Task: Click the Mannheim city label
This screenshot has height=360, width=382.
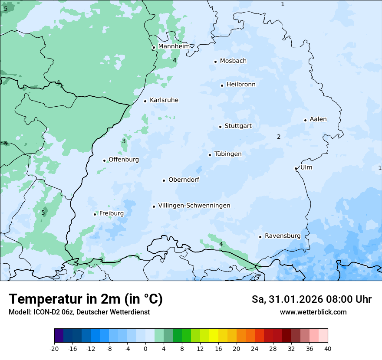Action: tap(174, 46)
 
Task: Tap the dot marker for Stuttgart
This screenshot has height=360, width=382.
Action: tap(220, 127)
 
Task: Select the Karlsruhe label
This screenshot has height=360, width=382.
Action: tap(164, 100)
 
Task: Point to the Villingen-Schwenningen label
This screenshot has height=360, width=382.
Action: tap(194, 206)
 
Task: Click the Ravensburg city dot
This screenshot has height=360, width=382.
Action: tap(260, 237)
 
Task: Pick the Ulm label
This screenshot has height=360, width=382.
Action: tap(306, 167)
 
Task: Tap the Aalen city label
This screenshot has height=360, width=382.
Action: tap(318, 119)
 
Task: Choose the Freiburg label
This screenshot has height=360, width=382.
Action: tap(111, 213)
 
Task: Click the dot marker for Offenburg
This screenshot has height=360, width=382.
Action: tap(104, 160)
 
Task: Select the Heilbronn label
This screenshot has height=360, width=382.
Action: tap(240, 85)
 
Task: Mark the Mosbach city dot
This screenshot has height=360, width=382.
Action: tap(215, 62)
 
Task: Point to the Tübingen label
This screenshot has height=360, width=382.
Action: tap(227, 154)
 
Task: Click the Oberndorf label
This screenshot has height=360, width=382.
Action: tap(184, 180)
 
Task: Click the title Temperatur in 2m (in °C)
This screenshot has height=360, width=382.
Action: tap(86, 299)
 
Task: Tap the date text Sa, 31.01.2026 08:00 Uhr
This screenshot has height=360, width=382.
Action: tap(311, 299)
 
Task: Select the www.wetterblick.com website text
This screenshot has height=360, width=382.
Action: tap(313, 312)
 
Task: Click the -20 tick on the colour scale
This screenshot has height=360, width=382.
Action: tap(54, 348)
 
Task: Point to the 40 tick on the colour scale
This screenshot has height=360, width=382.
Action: tap(328, 348)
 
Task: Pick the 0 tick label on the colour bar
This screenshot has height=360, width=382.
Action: tap(145, 348)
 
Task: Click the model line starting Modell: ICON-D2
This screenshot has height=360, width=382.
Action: tap(79, 312)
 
